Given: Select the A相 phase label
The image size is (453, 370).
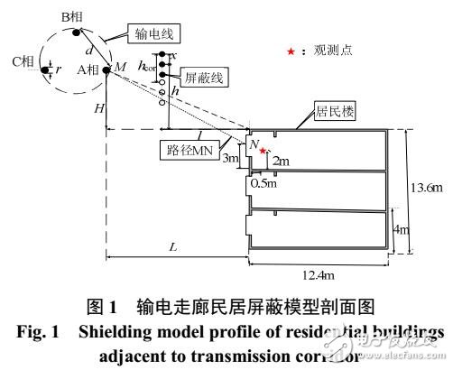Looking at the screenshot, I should [x=88, y=68].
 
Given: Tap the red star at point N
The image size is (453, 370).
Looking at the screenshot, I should [x=263, y=151].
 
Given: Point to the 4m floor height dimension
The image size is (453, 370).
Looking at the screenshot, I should [x=406, y=230].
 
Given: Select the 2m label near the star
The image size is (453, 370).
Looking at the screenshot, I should [x=280, y=161].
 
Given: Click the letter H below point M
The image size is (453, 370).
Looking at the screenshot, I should [x=97, y=106].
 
